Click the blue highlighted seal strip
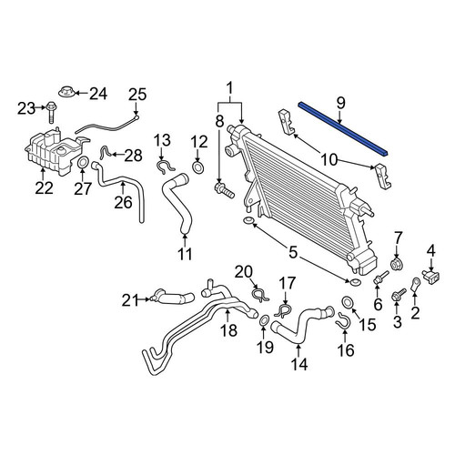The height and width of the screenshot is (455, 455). click(343, 129)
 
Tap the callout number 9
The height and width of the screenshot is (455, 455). click(341, 104)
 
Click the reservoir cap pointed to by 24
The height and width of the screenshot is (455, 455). click(66, 91)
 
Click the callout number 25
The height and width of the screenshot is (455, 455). click(137, 95)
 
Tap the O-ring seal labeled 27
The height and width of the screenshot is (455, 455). click(83, 162)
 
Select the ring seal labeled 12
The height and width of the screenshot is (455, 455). click(197, 167)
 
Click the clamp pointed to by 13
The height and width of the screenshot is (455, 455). click(166, 167)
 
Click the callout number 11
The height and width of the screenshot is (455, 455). click(185, 254)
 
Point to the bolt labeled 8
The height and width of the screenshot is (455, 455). click(224, 190)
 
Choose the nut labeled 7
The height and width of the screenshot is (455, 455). click(395, 265)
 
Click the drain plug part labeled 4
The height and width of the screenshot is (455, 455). click(431, 276)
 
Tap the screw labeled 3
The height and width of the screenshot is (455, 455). click(399, 294)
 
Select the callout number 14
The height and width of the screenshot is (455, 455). click(299, 364)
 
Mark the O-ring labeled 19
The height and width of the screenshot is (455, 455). click(264, 320)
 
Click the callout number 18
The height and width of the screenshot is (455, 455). click(228, 329)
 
